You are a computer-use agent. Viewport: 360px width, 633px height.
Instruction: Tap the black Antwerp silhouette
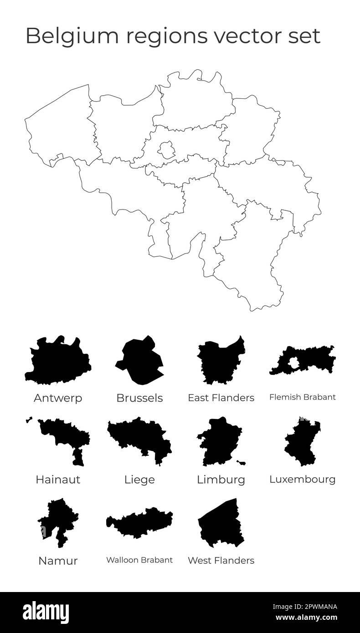coord(57,362)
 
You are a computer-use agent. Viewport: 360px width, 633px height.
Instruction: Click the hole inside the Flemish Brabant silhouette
coord(294,363)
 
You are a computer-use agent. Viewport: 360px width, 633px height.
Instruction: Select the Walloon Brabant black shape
coord(139,524)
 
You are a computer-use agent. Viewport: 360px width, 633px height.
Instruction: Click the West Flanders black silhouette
coord(221,524)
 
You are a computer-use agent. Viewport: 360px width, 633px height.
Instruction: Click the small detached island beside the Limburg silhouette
coord(242,463)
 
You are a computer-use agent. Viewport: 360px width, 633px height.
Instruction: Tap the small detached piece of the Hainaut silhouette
coord(29,419)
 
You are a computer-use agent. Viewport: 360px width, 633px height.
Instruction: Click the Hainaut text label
coord(58,480)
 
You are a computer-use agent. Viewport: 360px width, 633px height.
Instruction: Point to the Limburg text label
coord(221,480)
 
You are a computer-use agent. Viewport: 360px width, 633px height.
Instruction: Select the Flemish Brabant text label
coord(302,397)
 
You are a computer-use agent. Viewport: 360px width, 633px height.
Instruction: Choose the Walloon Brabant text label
coord(139,560)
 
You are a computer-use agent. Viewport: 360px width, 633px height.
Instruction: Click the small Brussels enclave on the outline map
coord(166,149)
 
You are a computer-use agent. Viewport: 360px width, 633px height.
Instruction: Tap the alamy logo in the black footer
coord(46,612)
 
